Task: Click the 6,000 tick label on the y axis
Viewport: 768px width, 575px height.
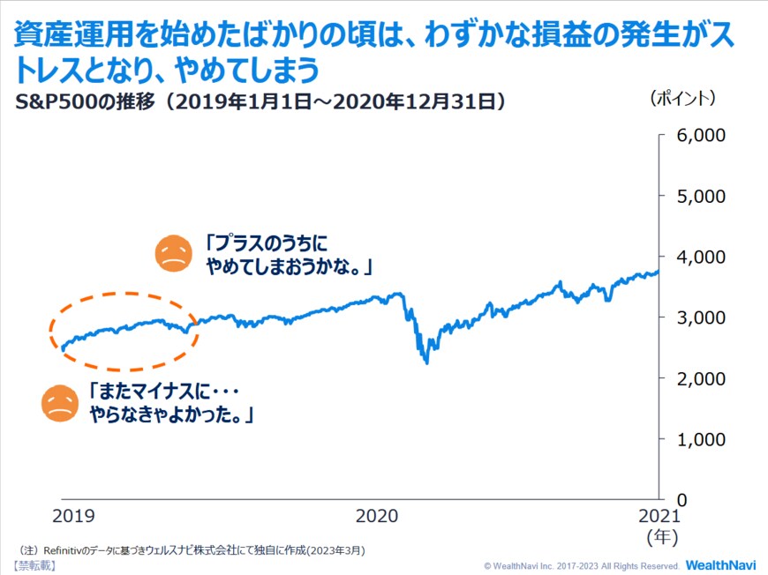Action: point(700,135)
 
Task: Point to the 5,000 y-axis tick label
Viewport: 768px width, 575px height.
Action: point(700,196)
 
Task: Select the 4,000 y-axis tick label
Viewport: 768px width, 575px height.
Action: point(700,257)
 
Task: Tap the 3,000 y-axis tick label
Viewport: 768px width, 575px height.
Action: point(700,317)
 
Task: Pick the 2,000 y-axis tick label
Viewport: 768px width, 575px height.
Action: point(700,378)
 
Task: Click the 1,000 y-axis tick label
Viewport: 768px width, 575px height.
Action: point(700,439)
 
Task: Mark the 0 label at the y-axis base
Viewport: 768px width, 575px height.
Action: point(681,499)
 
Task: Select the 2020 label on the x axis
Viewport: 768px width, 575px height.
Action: point(378,516)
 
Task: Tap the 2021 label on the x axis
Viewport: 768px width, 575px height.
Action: point(659,516)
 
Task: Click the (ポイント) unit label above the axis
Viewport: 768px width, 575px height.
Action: point(683,98)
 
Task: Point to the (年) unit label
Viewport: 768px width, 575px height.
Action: point(662,536)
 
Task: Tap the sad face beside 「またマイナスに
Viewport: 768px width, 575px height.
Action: point(60,403)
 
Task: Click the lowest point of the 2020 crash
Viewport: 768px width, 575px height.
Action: point(426,362)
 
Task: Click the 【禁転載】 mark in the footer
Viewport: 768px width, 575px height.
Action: point(34,564)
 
